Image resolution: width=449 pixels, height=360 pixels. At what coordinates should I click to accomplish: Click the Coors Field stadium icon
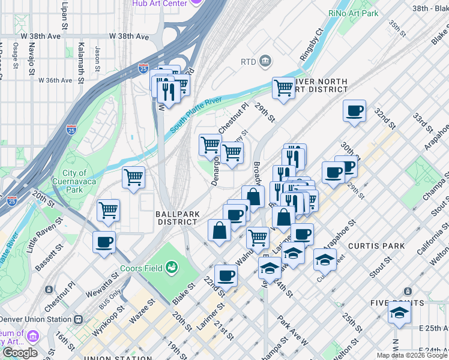coord(173,266)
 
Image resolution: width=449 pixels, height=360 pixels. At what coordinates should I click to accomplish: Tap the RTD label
coord(248,61)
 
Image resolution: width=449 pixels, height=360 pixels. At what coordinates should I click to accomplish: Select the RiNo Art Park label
coord(370,13)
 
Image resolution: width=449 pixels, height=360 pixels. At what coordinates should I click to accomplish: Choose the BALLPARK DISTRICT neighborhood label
coord(177,217)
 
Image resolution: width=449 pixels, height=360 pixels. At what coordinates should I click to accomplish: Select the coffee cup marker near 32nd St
coord(354,111)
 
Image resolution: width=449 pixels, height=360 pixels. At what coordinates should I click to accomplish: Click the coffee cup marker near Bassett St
coord(104,242)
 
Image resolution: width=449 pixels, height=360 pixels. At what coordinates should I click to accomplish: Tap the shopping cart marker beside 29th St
coord(284,88)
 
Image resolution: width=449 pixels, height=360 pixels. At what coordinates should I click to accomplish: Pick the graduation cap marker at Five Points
coord(399,313)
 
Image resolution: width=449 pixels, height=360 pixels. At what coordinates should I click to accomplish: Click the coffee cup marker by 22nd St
coord(226,276)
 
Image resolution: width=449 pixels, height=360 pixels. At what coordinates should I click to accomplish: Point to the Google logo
coord(20,353)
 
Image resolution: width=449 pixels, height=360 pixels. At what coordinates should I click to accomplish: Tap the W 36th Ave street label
coord(56,80)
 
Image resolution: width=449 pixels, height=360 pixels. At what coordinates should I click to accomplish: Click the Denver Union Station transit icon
coord(78,320)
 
